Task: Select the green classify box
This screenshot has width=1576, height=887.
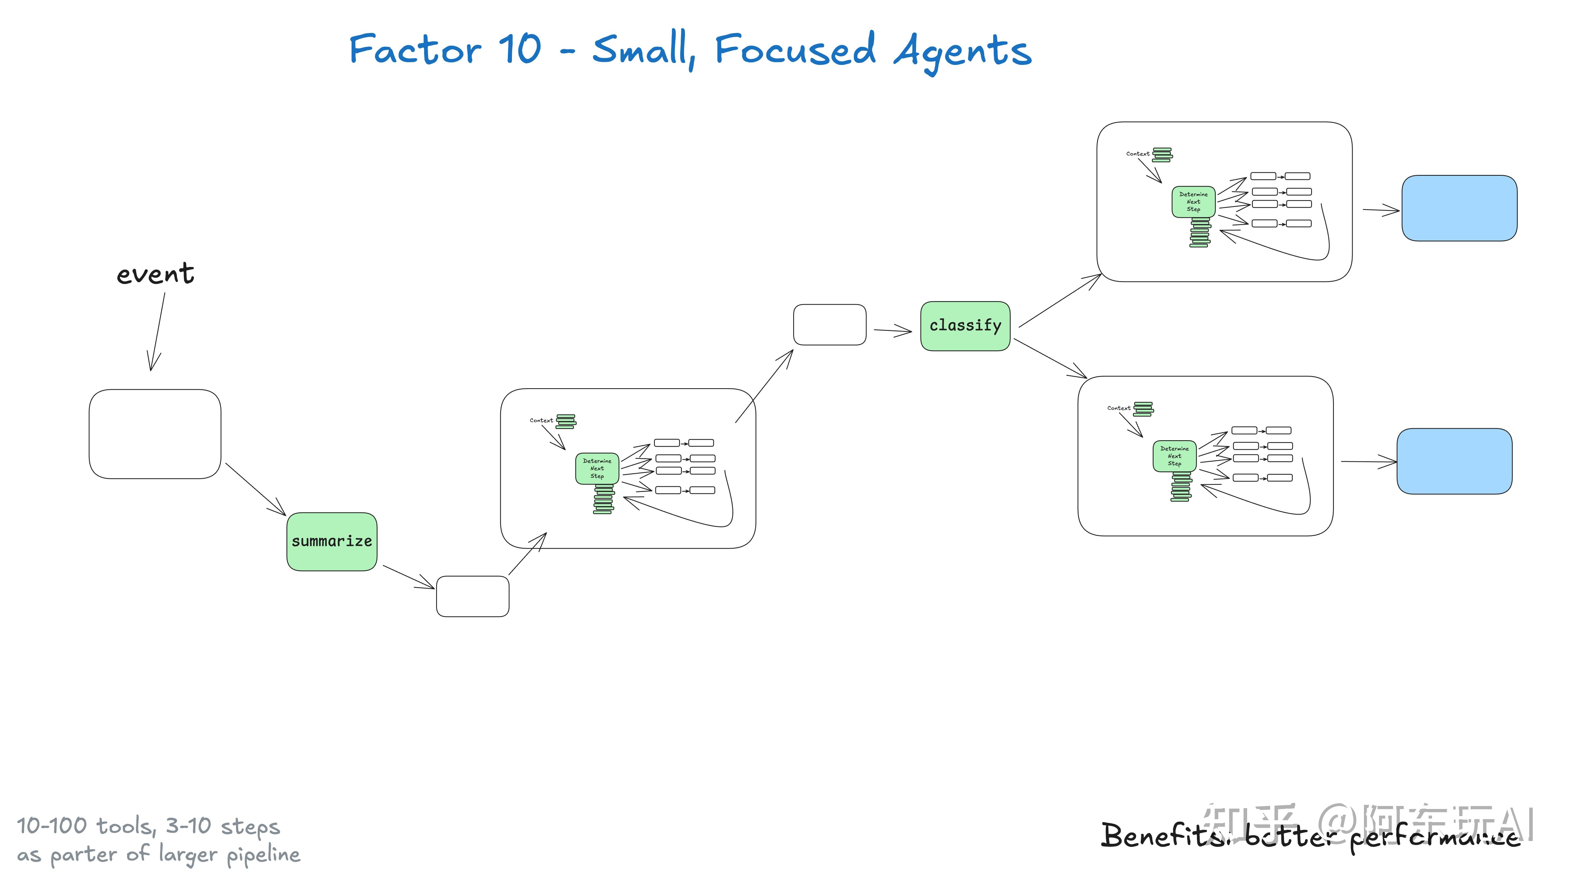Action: click(x=965, y=326)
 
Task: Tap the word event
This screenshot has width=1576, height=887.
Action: click(x=155, y=274)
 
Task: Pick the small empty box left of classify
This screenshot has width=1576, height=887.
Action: click(x=829, y=324)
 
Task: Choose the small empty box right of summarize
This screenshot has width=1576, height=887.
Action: click(x=472, y=596)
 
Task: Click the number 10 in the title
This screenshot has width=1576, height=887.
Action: click(x=519, y=49)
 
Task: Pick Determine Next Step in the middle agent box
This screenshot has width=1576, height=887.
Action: click(x=596, y=468)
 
